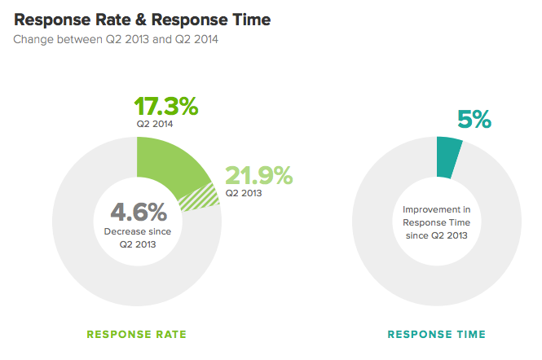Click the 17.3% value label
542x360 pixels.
click(166, 106)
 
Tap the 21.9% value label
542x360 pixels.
click(258, 175)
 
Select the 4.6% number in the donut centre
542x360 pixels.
click(139, 213)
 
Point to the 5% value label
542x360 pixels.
click(474, 119)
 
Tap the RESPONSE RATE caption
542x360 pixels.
click(137, 334)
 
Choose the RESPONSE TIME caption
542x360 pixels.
click(436, 334)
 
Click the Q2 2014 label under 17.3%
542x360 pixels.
click(155, 125)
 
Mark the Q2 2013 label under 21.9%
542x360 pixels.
click(245, 193)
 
